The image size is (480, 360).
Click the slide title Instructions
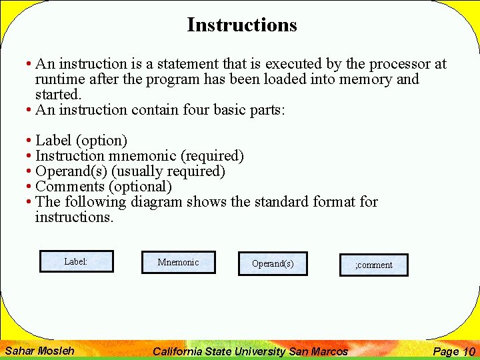point(241,25)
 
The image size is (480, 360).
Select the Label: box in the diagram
point(76,261)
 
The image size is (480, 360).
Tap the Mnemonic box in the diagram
point(178,262)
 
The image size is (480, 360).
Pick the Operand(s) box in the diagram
point(273,263)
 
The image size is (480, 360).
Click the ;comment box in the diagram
point(373,265)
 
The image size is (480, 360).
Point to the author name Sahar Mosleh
point(39,351)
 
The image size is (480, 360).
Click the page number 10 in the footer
point(469,351)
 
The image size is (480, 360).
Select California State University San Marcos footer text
point(250,351)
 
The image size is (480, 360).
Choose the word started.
point(57,95)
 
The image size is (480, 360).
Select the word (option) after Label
point(102,141)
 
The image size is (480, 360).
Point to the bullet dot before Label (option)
point(29,141)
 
